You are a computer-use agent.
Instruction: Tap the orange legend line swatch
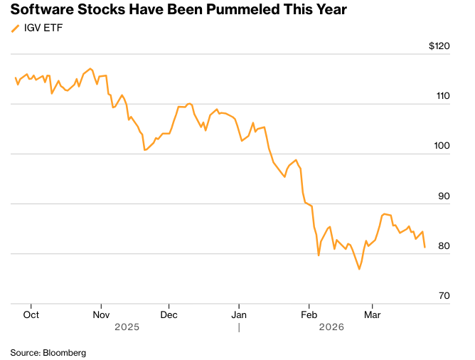pyautogui.click(x=15, y=28)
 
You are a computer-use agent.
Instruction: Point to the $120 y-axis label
pyautogui.click(x=439, y=46)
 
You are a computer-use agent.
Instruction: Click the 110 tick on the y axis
pyautogui.click(x=443, y=96)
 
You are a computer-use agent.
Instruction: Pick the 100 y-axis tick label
pyautogui.click(x=443, y=146)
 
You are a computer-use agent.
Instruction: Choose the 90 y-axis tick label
pyautogui.click(x=444, y=196)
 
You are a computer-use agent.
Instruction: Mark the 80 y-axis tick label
pyautogui.click(x=444, y=246)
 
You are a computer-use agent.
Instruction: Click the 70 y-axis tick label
pyautogui.click(x=444, y=296)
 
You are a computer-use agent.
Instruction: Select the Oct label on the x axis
pyautogui.click(x=31, y=313)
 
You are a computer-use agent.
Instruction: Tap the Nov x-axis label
pyautogui.click(x=101, y=313)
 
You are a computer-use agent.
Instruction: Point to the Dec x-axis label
pyautogui.click(x=169, y=313)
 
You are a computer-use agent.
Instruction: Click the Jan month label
pyautogui.click(x=239, y=313)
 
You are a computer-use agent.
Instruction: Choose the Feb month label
pyautogui.click(x=308, y=313)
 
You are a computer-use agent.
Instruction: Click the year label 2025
pyautogui.click(x=126, y=327)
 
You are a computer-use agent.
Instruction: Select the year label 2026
pyautogui.click(x=331, y=327)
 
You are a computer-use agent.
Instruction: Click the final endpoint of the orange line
pyautogui.click(x=425, y=248)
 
